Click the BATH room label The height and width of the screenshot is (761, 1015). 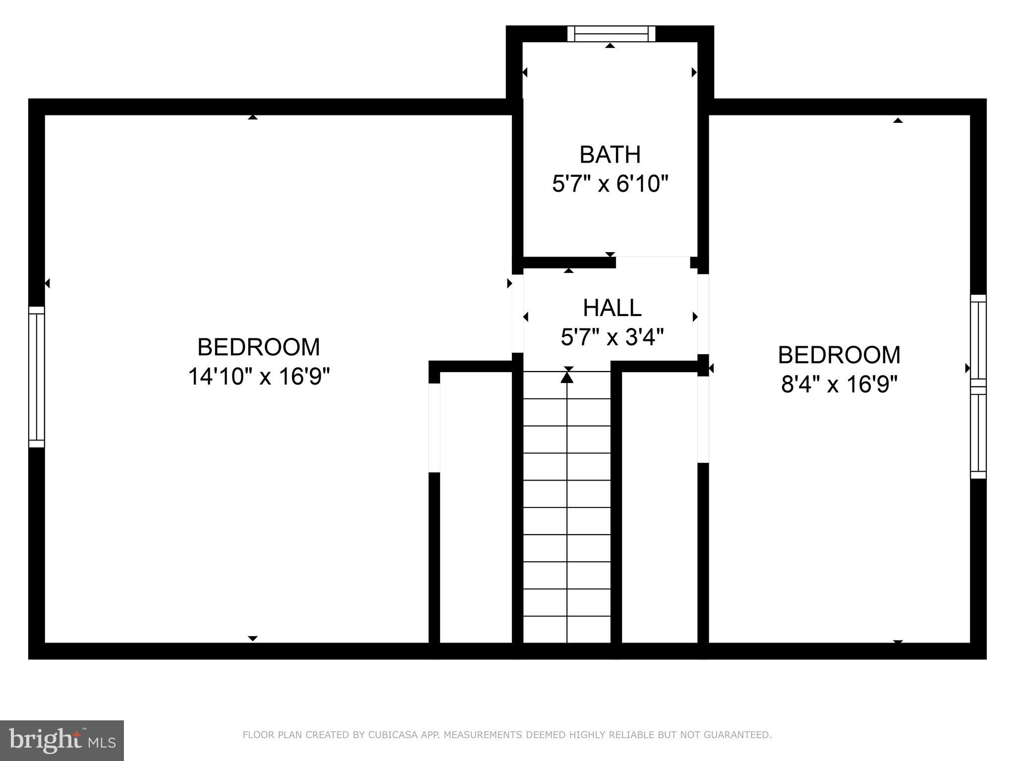[x=610, y=155]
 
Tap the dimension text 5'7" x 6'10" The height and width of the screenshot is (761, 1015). [x=610, y=184]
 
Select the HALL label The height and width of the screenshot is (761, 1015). [x=612, y=308]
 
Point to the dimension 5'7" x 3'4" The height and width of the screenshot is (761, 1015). [x=612, y=338]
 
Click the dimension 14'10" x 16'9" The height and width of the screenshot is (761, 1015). [x=259, y=377]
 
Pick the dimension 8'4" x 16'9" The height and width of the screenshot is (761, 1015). [x=839, y=384]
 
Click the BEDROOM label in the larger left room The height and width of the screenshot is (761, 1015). [x=259, y=347]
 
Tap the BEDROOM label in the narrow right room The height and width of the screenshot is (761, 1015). [x=839, y=355]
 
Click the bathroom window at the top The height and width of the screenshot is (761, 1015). [x=611, y=34]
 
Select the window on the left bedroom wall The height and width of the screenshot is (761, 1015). [x=37, y=377]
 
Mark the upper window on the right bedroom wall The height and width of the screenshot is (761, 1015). [x=978, y=339]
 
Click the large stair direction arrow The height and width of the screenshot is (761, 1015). [x=567, y=378]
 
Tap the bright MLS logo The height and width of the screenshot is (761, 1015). [x=61, y=740]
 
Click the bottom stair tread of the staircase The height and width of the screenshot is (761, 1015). [x=567, y=629]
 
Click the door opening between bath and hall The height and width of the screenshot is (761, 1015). [x=653, y=262]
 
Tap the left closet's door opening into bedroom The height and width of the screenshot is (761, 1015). [x=434, y=428]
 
